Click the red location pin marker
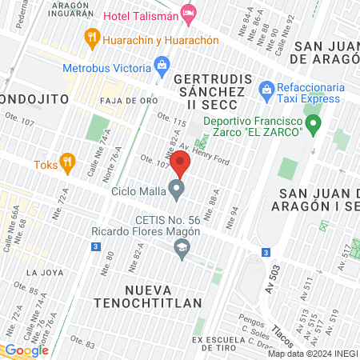coord(180,166)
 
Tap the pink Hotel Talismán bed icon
coord(189,12)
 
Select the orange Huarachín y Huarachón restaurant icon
coord(93,38)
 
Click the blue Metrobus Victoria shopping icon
coord(163,63)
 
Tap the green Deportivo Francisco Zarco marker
coord(314,123)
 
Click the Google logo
coord(26,350)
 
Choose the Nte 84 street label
coord(234,212)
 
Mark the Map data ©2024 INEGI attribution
coord(312,354)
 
